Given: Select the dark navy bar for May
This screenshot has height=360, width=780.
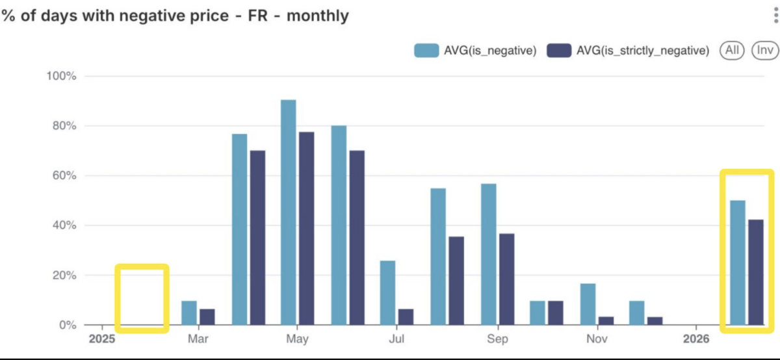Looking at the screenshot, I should click(x=307, y=228).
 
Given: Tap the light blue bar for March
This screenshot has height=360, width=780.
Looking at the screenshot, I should click(x=189, y=313).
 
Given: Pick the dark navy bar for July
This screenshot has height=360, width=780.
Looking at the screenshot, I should click(x=406, y=316).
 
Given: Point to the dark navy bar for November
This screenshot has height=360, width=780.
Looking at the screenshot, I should click(x=605, y=320).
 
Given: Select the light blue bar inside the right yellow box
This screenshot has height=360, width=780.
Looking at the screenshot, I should click(x=738, y=263).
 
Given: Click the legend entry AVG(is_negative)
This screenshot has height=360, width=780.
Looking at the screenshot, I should click(x=475, y=51).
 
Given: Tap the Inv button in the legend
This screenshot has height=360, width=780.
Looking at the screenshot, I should click(x=764, y=51).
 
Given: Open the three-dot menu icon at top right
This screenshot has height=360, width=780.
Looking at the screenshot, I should click(x=773, y=14).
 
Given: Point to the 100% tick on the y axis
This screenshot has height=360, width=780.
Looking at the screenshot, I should click(x=62, y=76).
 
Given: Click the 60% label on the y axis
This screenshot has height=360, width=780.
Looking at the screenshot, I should click(x=64, y=175).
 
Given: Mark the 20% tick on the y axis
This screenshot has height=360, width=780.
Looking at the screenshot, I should click(x=64, y=275).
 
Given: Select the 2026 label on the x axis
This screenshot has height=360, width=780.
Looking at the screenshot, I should click(x=696, y=339).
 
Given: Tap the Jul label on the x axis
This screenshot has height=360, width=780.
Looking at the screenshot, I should click(x=396, y=339).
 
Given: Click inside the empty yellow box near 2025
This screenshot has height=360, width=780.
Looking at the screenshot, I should click(x=142, y=298).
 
